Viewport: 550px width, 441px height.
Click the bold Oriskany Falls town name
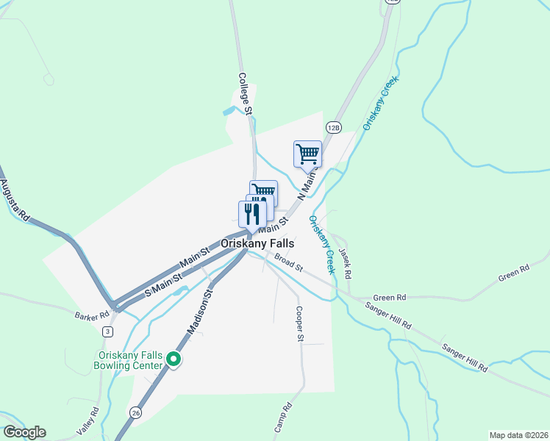[257, 243]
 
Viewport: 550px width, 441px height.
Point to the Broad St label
[288, 262]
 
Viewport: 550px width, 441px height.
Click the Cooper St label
[299, 324]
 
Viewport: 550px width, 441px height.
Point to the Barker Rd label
[91, 315]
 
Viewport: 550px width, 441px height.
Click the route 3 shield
[107, 331]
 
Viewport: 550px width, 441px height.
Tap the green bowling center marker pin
[174, 359]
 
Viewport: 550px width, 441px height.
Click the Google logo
[24, 432]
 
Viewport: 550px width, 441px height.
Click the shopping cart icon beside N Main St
[307, 154]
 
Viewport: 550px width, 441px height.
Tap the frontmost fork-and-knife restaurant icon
[251, 214]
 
